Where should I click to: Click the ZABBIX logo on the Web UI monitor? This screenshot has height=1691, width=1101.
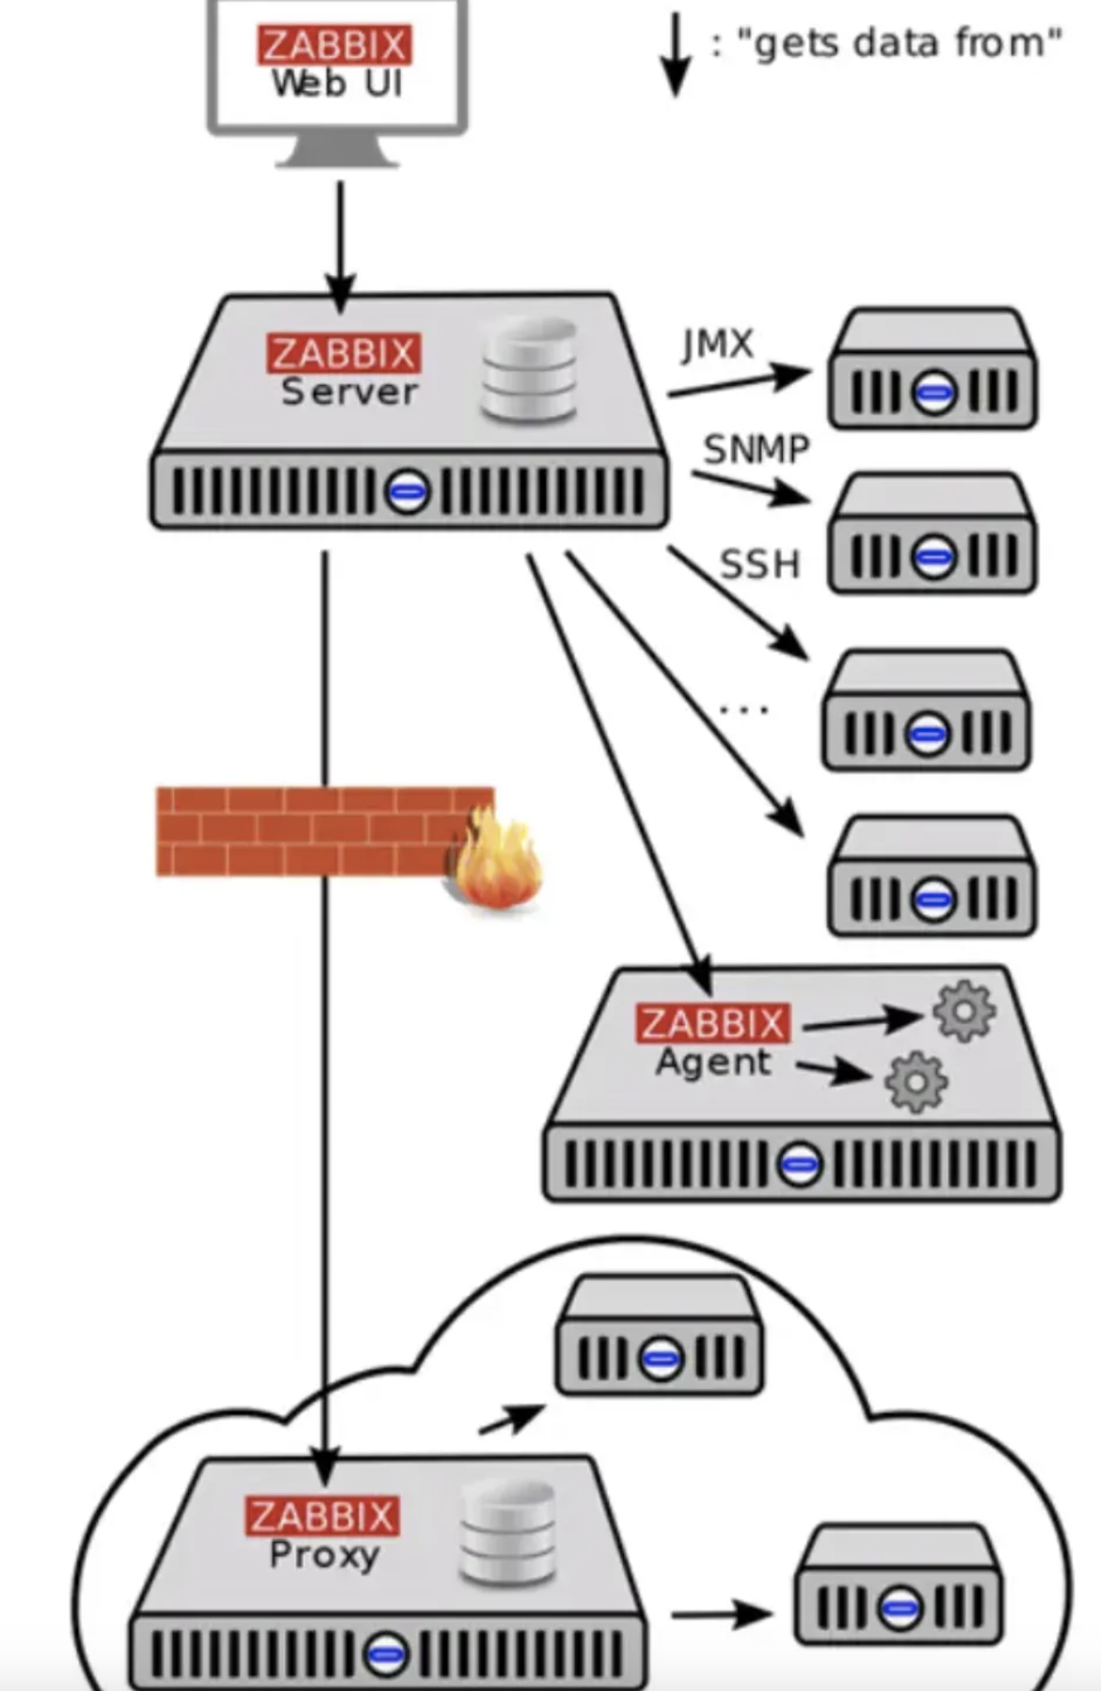(x=334, y=45)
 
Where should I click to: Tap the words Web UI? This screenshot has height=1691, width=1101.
(x=337, y=84)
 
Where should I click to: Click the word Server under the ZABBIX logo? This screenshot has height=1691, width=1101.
(x=349, y=392)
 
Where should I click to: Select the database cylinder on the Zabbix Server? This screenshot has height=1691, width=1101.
(x=529, y=370)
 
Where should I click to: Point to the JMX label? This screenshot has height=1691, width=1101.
(x=718, y=345)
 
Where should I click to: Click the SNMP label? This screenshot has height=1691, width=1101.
(x=757, y=449)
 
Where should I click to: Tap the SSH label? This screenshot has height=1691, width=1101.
(x=759, y=564)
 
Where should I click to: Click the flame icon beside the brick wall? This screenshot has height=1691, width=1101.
(x=497, y=862)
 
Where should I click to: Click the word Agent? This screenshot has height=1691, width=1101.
(x=713, y=1062)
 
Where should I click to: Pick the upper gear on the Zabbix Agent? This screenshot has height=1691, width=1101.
(x=964, y=1011)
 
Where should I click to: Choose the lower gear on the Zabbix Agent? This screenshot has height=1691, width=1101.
(x=916, y=1083)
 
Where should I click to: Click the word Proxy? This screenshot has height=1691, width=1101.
(x=324, y=1554)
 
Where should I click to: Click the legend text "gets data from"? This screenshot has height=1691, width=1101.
(x=899, y=43)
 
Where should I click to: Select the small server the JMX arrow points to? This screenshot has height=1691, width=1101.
(x=932, y=368)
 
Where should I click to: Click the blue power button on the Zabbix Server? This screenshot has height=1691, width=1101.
(x=407, y=491)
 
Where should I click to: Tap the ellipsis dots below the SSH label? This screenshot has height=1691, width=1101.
(x=743, y=709)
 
